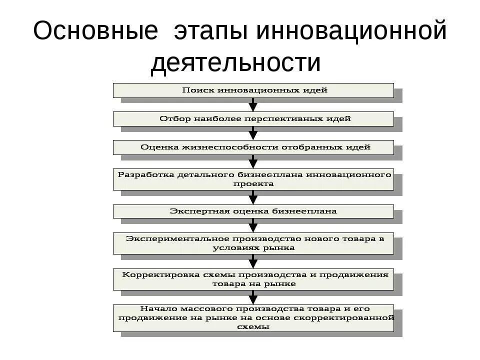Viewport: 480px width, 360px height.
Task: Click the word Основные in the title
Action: point(95,31)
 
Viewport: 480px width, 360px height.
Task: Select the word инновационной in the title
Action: point(351,31)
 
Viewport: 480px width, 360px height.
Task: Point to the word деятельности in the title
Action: point(235,63)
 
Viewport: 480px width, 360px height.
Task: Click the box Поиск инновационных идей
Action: point(253,90)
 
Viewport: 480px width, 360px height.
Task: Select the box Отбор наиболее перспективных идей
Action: point(253,119)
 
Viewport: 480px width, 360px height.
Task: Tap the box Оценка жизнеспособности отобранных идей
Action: point(253,147)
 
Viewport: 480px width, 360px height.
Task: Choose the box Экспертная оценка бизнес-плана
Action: point(253,211)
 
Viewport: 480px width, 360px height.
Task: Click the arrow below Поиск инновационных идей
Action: point(253,104)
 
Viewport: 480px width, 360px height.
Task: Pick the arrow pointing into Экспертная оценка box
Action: point(253,197)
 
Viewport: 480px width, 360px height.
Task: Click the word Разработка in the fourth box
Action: point(145,175)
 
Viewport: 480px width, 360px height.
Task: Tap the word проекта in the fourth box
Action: point(253,183)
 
